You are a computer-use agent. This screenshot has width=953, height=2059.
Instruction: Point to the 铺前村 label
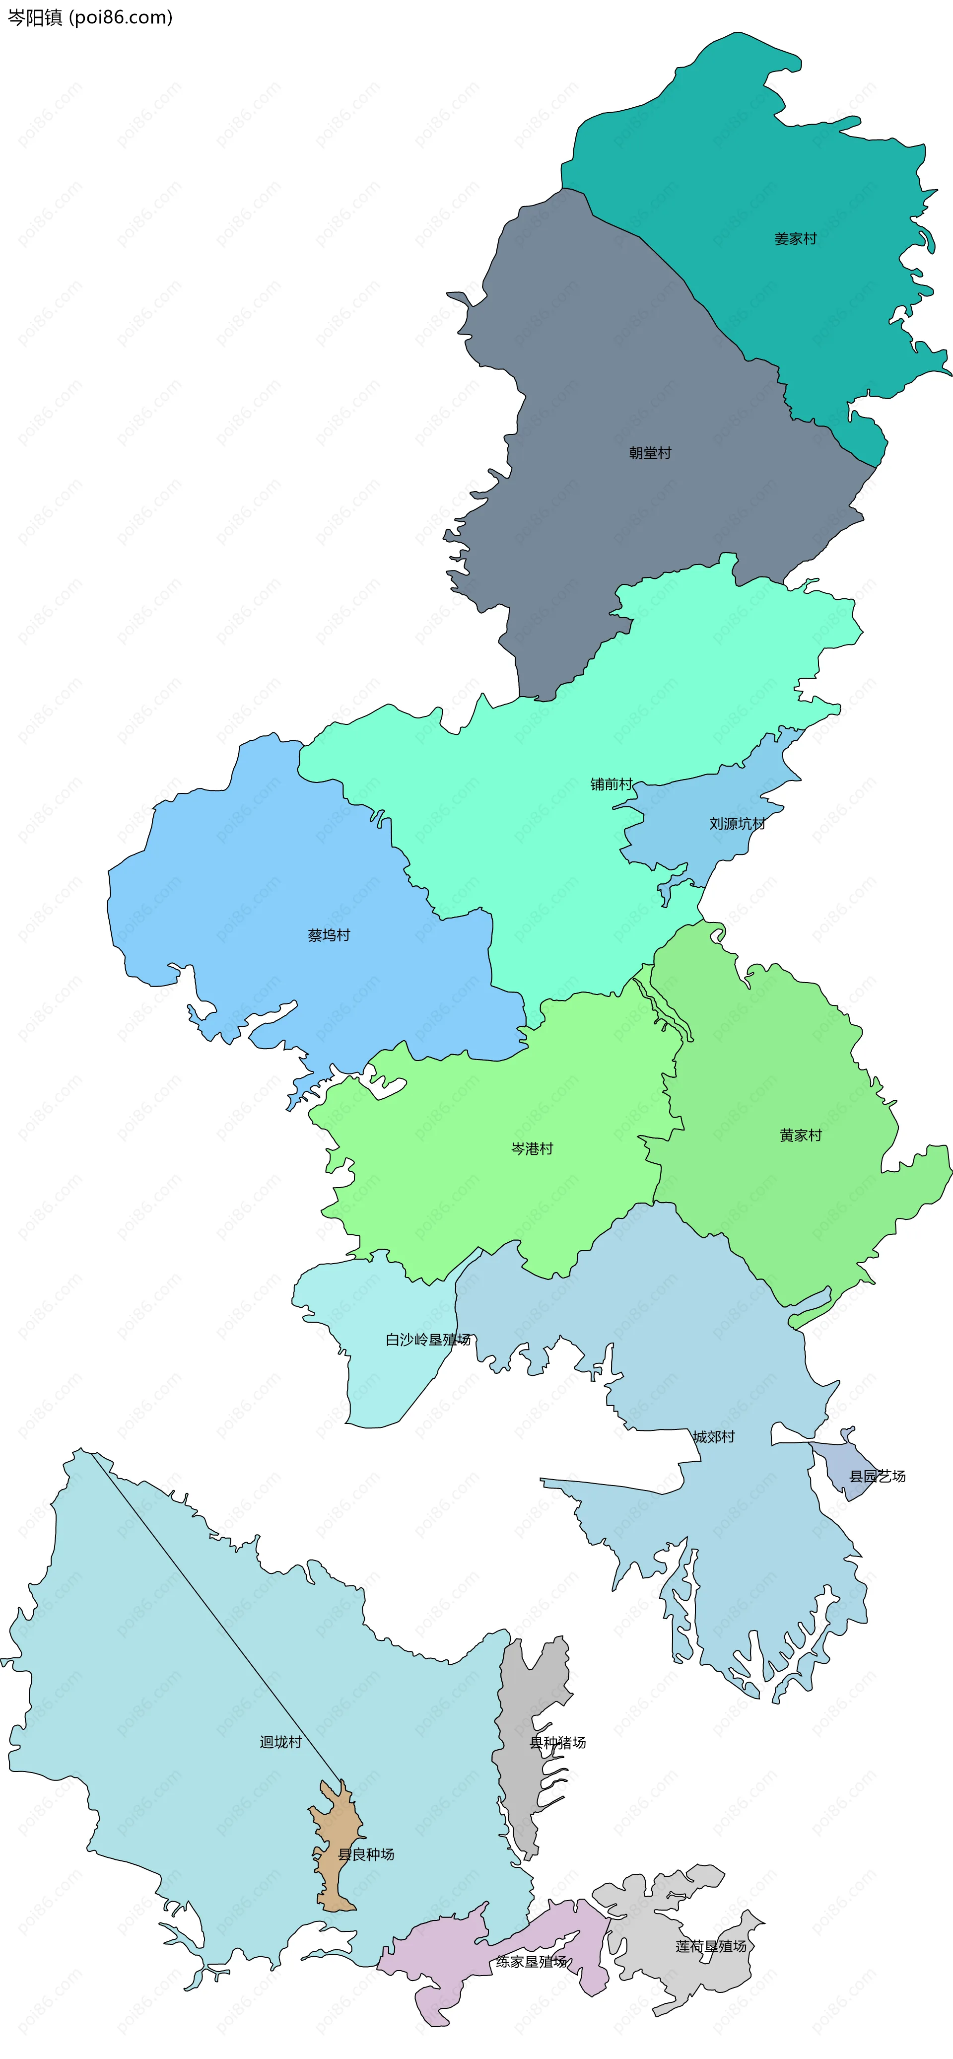click(611, 784)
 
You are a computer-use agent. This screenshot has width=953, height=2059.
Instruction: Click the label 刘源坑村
click(737, 823)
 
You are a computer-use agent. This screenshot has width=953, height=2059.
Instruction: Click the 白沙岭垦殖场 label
click(428, 1340)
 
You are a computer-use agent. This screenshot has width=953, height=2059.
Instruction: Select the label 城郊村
click(713, 1436)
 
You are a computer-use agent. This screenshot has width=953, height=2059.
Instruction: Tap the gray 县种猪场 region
click(519, 1798)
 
